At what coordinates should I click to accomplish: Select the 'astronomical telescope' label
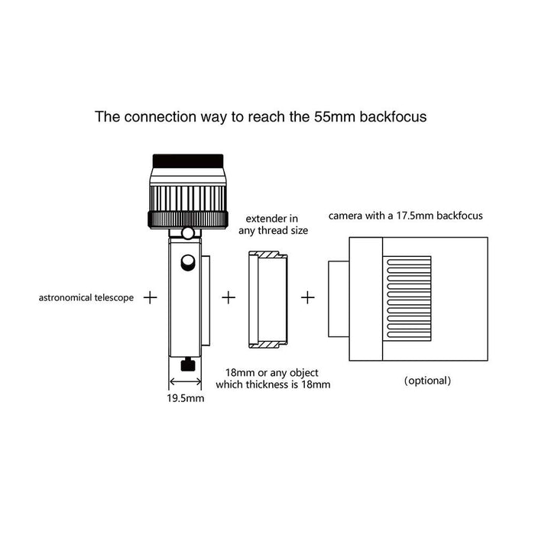[86, 298]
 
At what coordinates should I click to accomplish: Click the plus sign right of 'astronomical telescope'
[150, 298]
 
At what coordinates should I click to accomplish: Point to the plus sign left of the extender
[229, 298]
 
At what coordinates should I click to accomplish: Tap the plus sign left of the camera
[308, 298]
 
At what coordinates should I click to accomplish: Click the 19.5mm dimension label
[186, 398]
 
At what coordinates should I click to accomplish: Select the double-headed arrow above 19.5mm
[185, 381]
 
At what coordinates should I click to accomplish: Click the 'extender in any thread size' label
[273, 225]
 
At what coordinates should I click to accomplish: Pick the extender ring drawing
[268, 300]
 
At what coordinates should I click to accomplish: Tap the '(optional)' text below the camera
[427, 381]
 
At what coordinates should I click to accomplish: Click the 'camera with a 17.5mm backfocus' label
[406, 216]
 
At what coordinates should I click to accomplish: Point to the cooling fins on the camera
[409, 299]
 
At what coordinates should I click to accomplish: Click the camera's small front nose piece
[339, 299]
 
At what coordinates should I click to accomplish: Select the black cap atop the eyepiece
[188, 161]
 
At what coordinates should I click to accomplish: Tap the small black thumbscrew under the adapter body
[188, 365]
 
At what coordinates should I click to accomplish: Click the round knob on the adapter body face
[188, 263]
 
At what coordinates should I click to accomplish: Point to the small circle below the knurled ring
[188, 233]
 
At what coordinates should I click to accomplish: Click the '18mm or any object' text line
[271, 373]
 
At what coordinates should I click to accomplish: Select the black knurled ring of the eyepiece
[188, 220]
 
